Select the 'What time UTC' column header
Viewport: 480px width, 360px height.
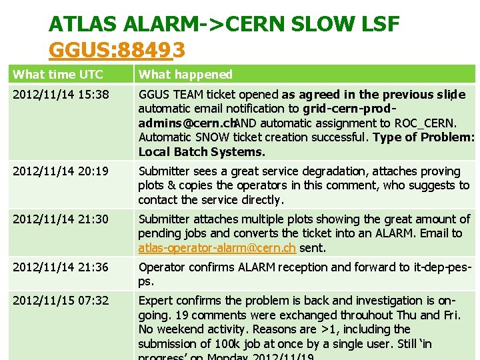pos(58,74)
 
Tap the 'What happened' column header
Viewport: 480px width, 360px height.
pos(185,74)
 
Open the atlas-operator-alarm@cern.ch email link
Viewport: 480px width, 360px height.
pos(214,248)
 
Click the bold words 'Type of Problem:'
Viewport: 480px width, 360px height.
pos(423,137)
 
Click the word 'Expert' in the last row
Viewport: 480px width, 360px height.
pos(155,301)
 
